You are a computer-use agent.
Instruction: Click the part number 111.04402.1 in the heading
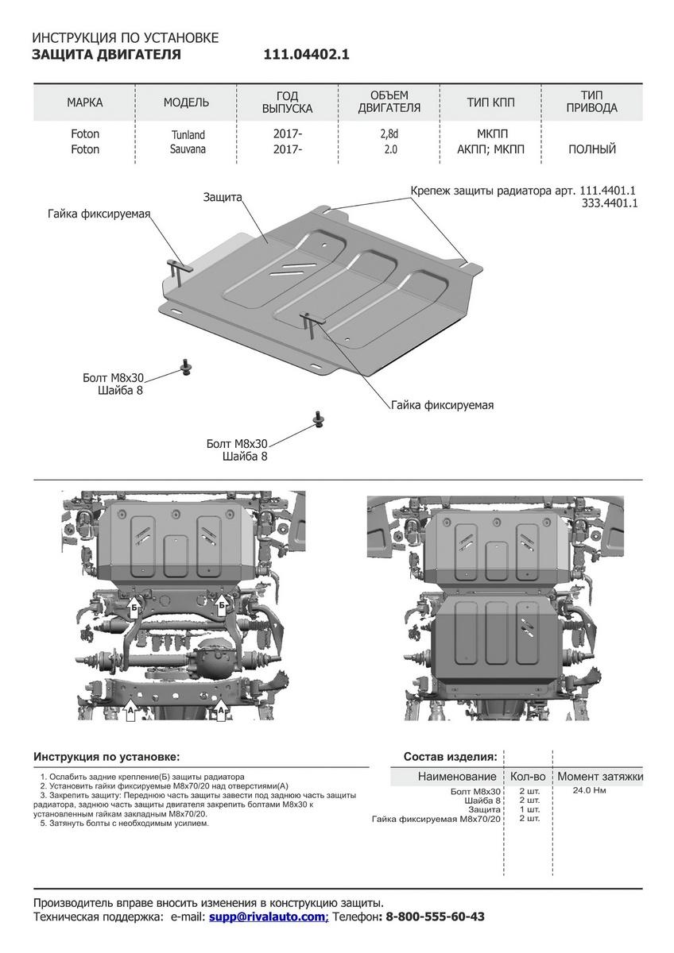tap(306, 55)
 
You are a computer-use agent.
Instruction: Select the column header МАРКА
tap(84, 102)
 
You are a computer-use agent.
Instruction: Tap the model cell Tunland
tap(187, 135)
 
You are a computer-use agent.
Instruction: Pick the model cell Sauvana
tap(187, 149)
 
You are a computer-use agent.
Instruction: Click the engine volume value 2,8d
tap(389, 134)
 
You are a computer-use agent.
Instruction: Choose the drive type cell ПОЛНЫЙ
tap(592, 149)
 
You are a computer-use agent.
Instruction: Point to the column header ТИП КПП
tap(490, 102)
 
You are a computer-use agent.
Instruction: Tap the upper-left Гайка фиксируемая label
tap(99, 214)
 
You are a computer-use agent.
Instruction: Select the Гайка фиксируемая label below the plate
tap(442, 405)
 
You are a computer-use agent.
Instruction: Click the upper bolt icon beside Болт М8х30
tap(188, 366)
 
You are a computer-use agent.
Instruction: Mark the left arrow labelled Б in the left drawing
tap(134, 608)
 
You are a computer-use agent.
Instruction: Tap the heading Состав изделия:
tap(450, 756)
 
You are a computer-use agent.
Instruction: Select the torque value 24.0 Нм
tap(589, 791)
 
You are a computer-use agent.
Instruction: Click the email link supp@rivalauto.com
tap(268, 916)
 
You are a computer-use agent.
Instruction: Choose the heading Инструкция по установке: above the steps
tap(107, 756)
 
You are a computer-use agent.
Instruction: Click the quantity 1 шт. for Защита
tap(529, 809)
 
